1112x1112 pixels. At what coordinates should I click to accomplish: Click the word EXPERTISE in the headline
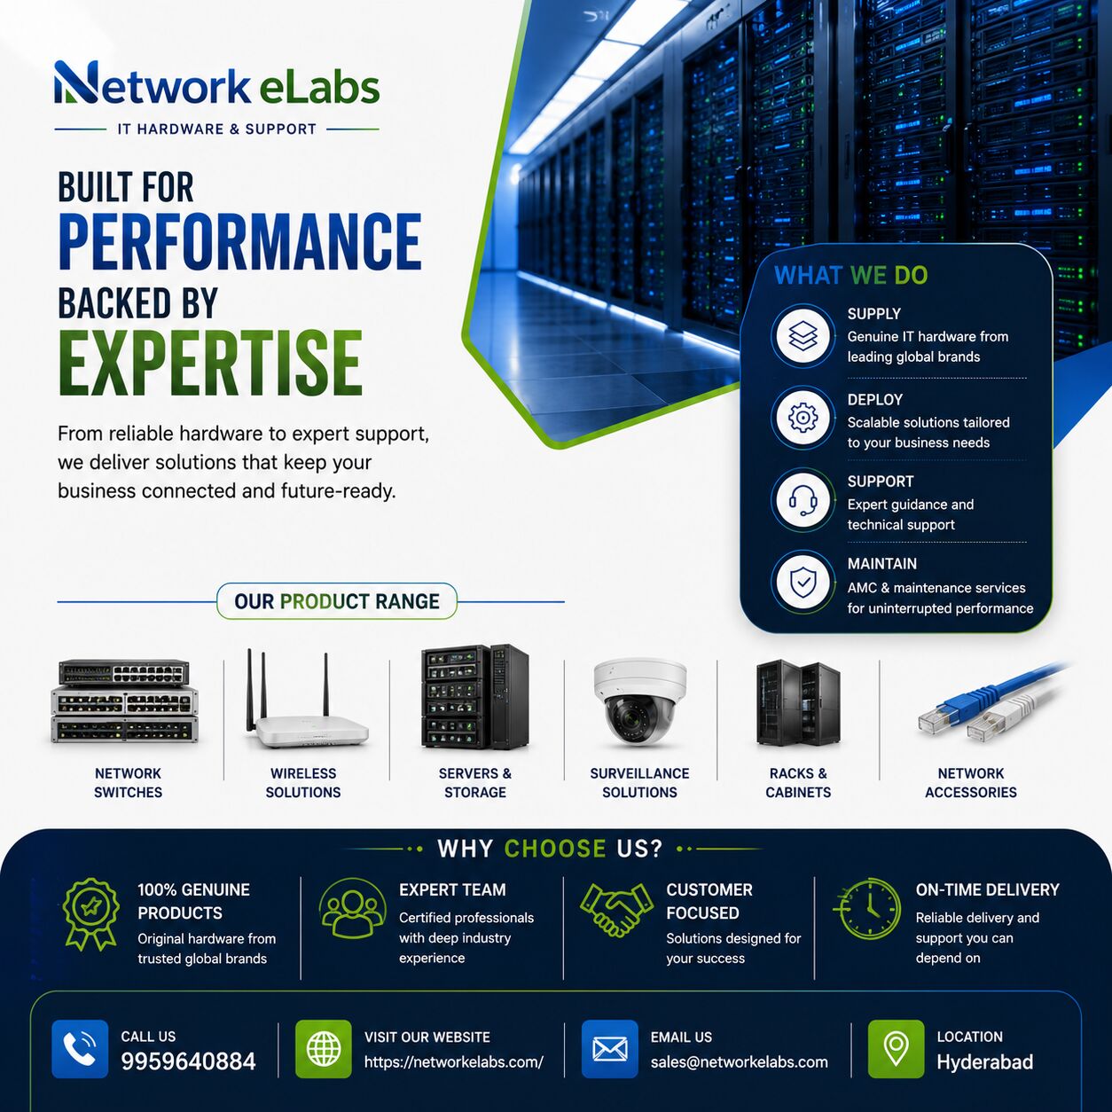coord(211,363)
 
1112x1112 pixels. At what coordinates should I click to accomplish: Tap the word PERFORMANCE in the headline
coord(240,242)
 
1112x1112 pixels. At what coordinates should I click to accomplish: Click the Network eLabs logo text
coord(217,84)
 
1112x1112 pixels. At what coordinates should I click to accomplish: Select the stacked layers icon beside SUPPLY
coord(803,336)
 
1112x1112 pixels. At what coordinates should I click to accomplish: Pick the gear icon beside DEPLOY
coord(803,418)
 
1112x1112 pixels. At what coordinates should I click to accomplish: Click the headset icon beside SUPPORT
coord(803,500)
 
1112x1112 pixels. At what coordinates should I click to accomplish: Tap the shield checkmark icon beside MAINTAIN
coord(803,583)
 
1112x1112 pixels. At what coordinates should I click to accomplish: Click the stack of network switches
coord(125,701)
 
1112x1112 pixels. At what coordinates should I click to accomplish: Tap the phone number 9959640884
coord(188,1061)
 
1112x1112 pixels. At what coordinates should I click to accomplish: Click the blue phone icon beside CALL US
coord(80,1048)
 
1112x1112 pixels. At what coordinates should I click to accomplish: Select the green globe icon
coord(323,1048)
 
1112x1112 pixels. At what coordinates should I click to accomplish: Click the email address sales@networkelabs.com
coord(740,1062)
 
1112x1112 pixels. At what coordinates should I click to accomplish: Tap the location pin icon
coord(897,1048)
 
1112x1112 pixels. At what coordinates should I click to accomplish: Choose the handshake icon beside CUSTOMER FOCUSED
coord(617,910)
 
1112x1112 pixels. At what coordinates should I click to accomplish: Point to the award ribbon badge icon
coord(90,914)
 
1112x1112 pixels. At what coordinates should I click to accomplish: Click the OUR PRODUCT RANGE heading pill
coord(337,601)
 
